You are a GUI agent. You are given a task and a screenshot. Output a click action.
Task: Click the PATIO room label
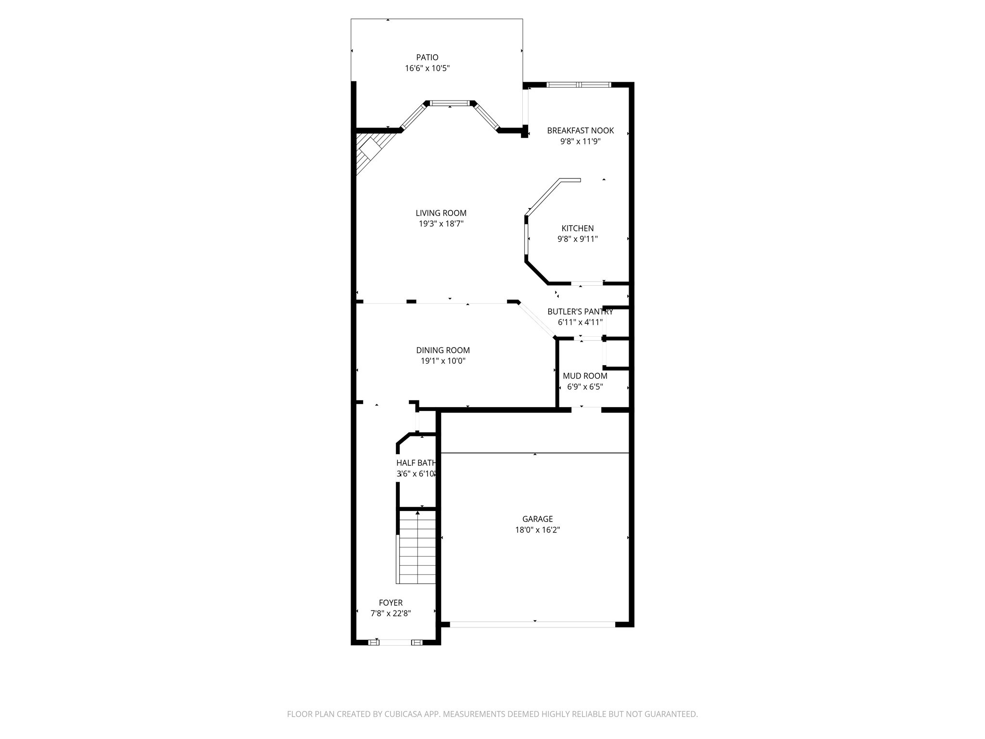click(427, 58)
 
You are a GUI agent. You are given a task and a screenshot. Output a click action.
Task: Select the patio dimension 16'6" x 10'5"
click(427, 68)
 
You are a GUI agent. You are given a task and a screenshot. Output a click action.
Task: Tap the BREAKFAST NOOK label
click(580, 130)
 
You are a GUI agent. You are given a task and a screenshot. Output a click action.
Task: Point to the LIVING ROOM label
click(441, 213)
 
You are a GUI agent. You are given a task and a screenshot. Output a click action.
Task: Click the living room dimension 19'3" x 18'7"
click(441, 224)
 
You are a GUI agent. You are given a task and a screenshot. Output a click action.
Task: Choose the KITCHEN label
click(577, 229)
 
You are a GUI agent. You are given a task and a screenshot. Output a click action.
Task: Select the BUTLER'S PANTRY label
click(580, 312)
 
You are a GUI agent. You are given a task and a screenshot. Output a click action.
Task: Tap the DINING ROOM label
click(442, 351)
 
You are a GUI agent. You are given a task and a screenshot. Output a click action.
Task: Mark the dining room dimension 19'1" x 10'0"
click(442, 361)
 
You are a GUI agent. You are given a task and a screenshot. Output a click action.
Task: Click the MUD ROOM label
click(585, 376)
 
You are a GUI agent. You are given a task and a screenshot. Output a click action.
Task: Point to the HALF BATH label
click(416, 463)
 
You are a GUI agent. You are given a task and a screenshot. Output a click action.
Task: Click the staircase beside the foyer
click(417, 548)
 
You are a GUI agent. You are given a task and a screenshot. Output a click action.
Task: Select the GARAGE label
click(537, 519)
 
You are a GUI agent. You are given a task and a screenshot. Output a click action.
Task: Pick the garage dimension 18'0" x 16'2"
click(537, 530)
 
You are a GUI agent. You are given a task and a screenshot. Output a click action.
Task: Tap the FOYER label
click(391, 603)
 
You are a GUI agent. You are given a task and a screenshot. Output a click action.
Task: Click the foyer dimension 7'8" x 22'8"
click(391, 613)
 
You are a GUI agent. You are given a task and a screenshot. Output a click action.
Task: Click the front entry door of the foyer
click(395, 642)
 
